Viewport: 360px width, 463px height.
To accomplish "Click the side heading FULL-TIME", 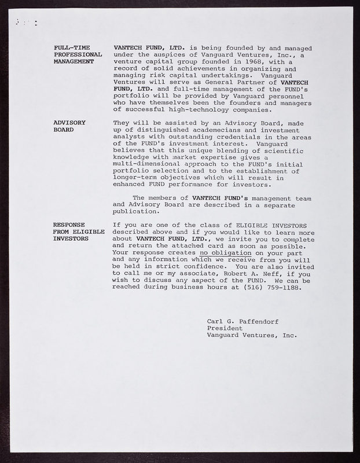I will pos(71,47).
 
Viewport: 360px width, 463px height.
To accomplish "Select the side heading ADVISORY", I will pos(69,123).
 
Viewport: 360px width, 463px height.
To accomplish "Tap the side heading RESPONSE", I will pos(69,225).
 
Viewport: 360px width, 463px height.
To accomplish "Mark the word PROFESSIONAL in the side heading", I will pos(78,54).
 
